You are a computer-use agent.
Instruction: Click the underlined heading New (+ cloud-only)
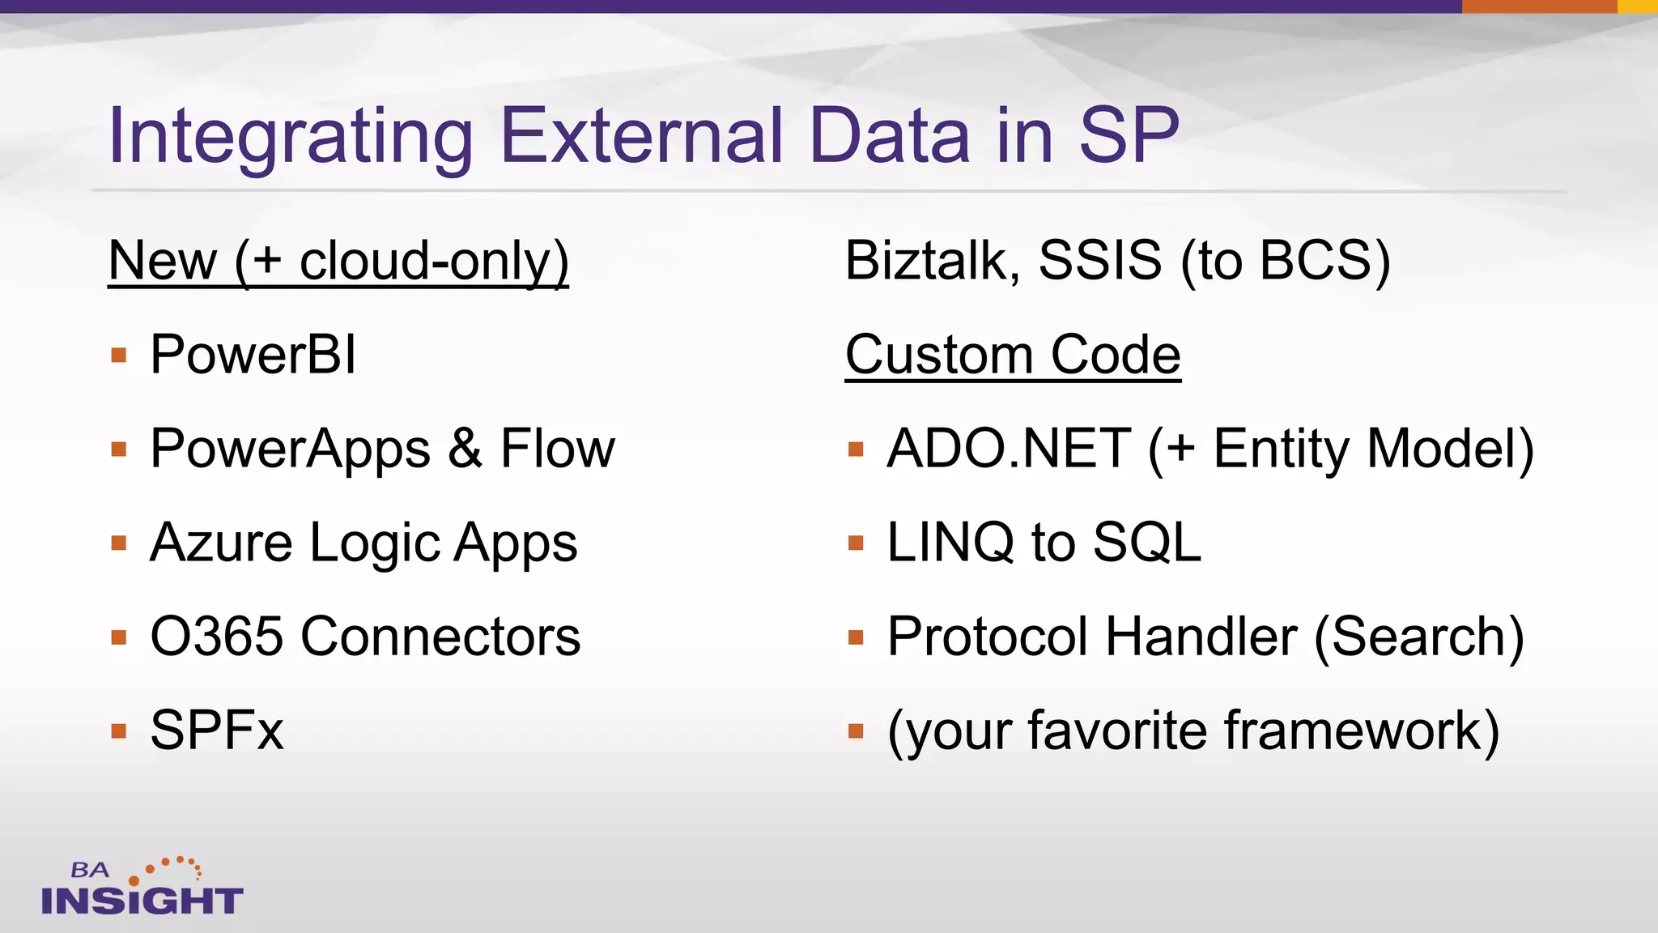click(x=338, y=261)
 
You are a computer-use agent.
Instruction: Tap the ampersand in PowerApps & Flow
click(x=466, y=449)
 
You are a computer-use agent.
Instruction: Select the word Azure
click(x=221, y=543)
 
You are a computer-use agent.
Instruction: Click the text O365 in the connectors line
click(x=216, y=637)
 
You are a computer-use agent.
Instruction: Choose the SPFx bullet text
click(x=217, y=731)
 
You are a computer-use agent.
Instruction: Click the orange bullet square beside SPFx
click(x=119, y=731)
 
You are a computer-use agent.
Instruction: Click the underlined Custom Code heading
click(x=1013, y=355)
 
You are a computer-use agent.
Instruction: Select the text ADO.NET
click(x=1009, y=449)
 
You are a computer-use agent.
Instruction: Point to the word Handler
click(x=1201, y=637)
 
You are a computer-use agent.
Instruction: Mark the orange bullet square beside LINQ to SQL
click(x=856, y=543)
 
